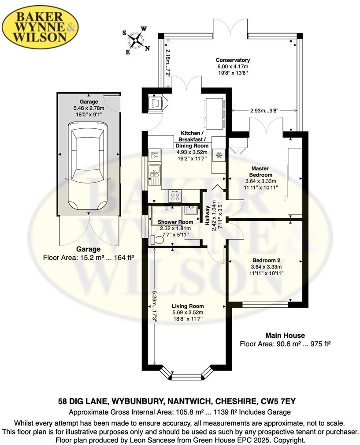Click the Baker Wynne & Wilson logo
point(41,27)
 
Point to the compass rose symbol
point(136,41)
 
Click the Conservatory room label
point(233,60)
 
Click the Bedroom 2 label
point(263,260)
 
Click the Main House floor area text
point(285,344)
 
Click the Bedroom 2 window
point(266,304)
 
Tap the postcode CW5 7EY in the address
point(283,402)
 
